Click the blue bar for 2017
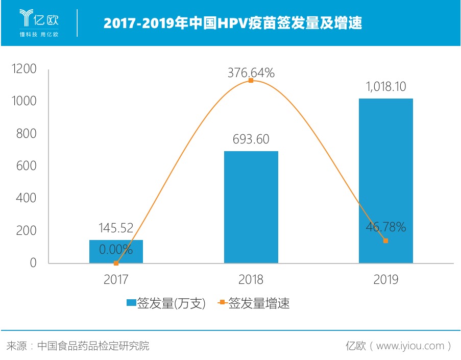coord(116,252)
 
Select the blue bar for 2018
coord(251,207)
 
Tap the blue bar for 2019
coord(385,181)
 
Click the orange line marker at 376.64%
coord(251,80)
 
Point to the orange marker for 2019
coord(385,241)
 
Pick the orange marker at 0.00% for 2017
coord(116,263)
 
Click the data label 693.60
coord(251,139)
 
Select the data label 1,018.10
coord(385,87)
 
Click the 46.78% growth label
coord(385,227)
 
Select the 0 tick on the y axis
coord(33,263)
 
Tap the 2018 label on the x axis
coord(251,280)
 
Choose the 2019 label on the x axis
coord(385,280)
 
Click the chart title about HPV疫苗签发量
coord(233,23)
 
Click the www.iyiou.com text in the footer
coord(411,346)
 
